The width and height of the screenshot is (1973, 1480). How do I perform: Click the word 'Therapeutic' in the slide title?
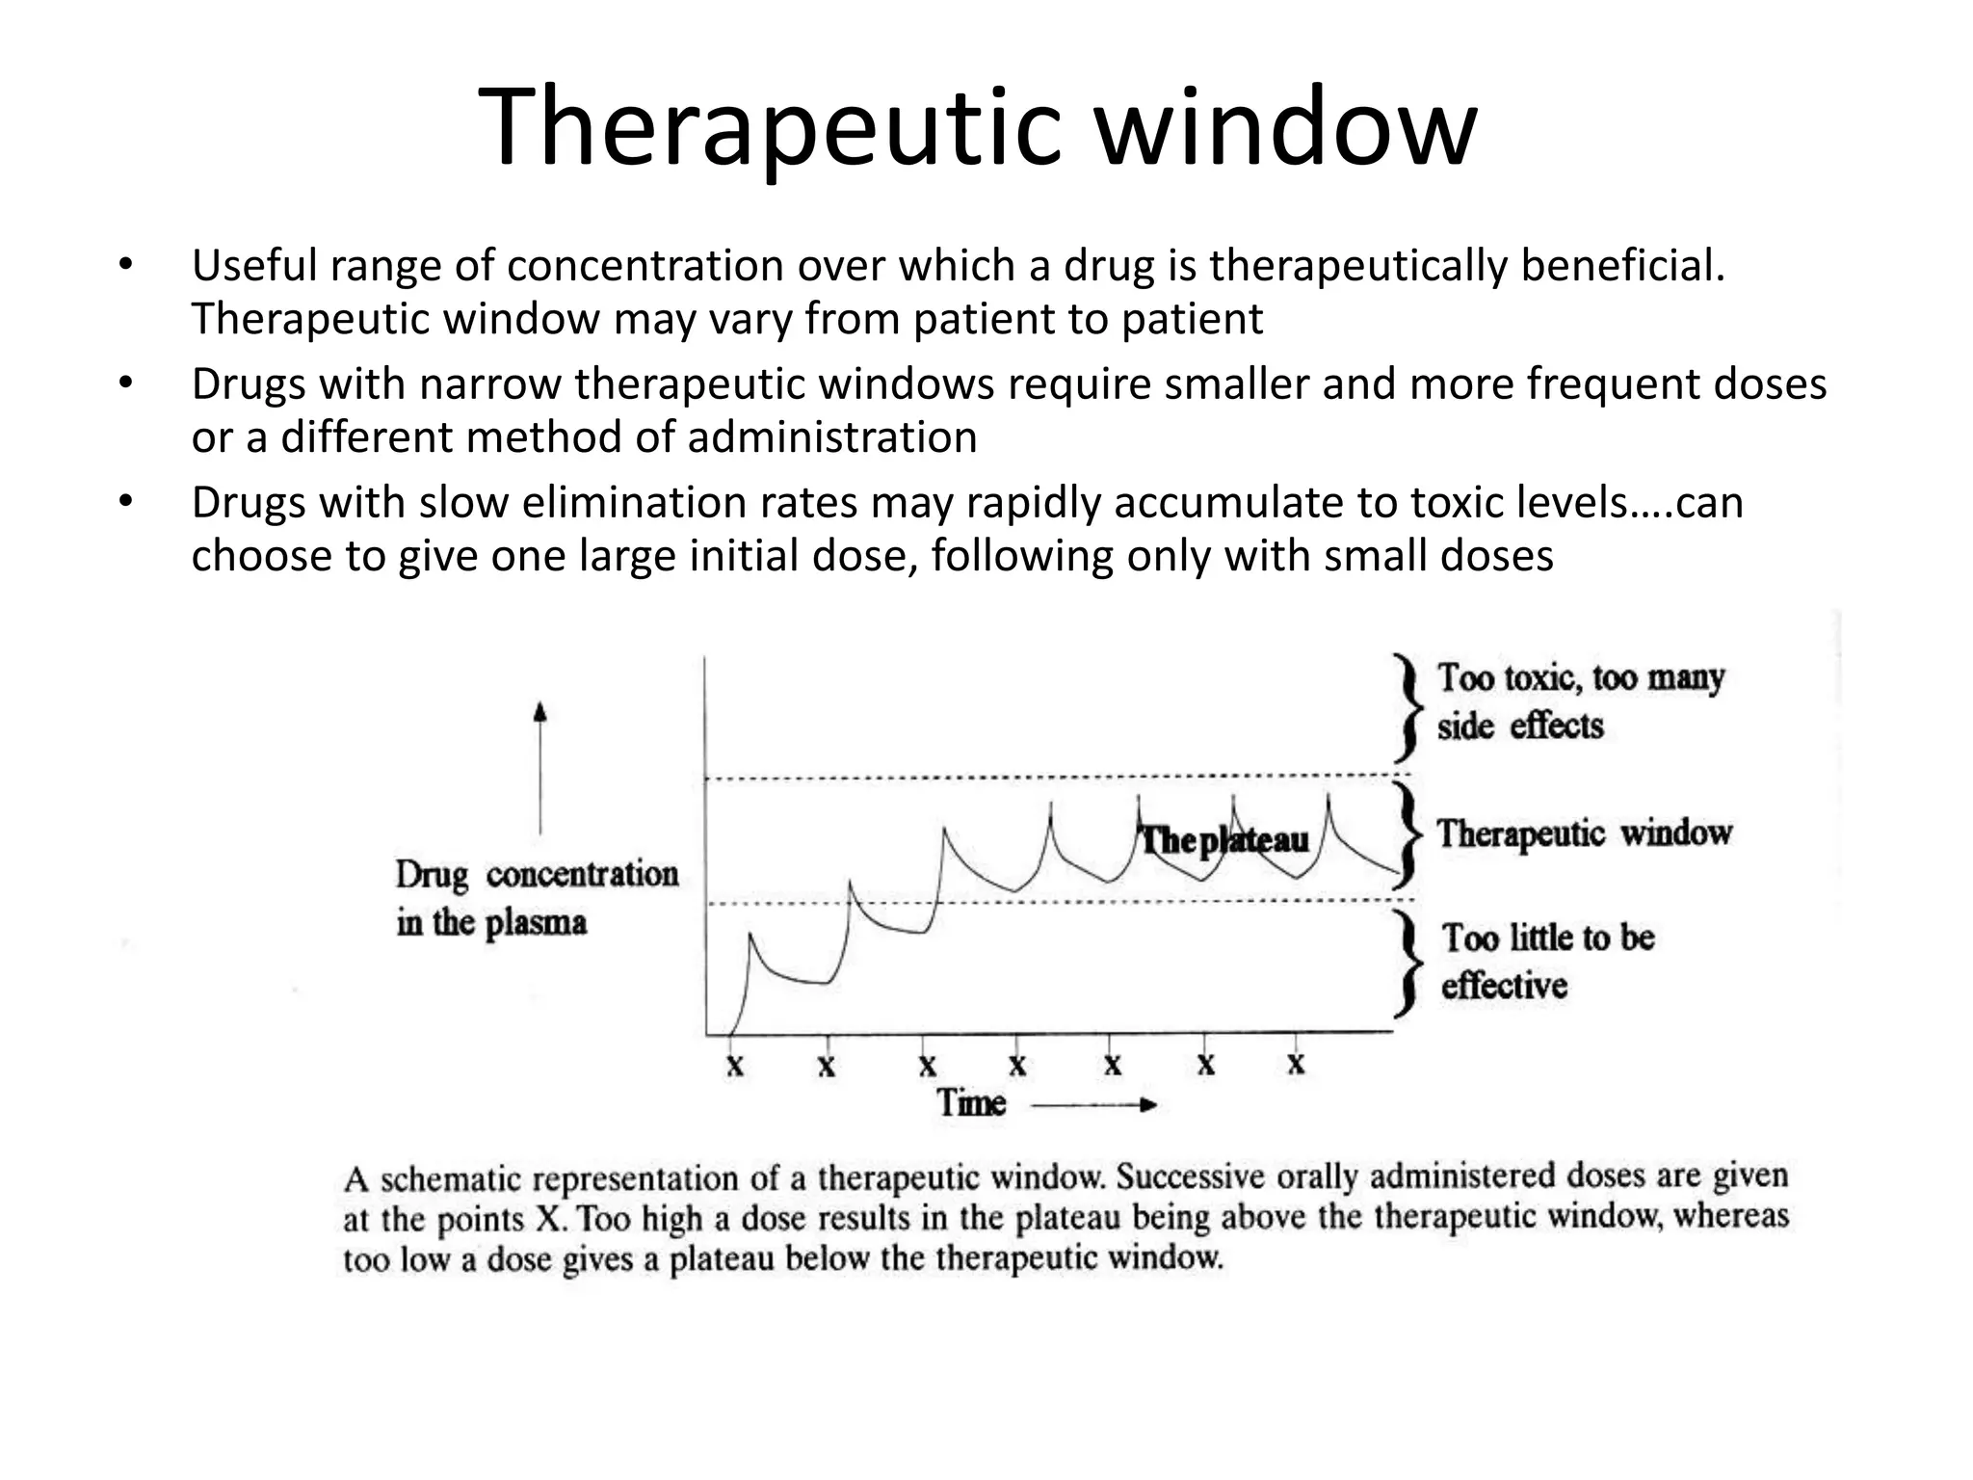pos(770,129)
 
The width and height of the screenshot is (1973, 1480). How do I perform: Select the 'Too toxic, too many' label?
pos(1580,677)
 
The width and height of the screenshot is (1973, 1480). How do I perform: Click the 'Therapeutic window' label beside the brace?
pos(1584,833)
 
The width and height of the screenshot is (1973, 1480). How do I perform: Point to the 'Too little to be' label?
pos(1547,938)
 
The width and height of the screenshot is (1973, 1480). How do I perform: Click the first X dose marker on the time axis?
pos(735,1066)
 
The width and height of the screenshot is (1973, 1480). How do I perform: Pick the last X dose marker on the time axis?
pos(1296,1064)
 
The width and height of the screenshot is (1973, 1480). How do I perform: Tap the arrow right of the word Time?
pos(1093,1105)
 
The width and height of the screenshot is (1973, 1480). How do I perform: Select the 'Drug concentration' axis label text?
pos(537,875)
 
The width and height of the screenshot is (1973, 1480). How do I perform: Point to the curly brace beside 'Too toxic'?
pos(1407,708)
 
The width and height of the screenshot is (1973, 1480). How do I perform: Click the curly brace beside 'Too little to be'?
pos(1407,964)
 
